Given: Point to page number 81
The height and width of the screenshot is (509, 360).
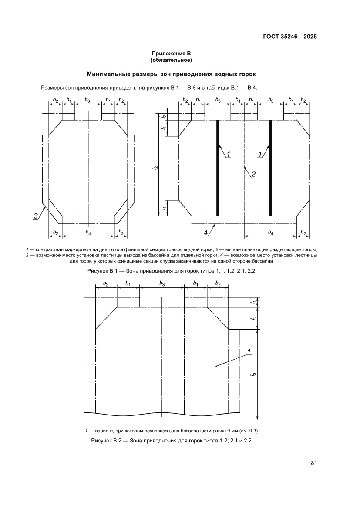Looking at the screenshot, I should pos(313,463).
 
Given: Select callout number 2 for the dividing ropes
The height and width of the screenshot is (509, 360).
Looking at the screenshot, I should pos(253,174).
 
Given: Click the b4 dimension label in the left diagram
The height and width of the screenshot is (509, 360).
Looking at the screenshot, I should pos(88,232).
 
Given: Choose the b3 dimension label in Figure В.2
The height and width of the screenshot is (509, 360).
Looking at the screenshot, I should pos(161,284).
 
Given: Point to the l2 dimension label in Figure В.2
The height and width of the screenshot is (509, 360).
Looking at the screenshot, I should pos(253,318).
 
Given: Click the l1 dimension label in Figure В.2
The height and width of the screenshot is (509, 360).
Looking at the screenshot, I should pos(253,302).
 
